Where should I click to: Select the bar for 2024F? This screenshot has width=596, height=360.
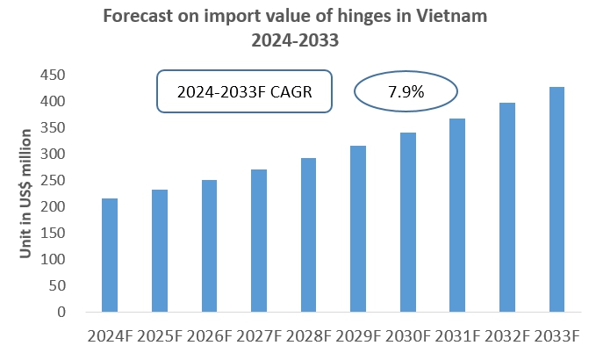click(110, 255)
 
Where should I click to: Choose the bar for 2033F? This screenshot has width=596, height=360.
click(557, 199)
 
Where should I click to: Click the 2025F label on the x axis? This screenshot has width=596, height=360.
click(159, 336)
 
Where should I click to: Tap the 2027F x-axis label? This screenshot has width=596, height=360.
click(259, 336)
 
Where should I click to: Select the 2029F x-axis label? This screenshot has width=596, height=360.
click(358, 336)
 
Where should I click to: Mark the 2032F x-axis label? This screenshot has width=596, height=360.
click(507, 336)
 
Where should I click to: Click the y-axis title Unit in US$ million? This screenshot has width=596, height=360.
click(27, 193)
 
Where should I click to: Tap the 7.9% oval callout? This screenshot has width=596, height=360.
click(406, 91)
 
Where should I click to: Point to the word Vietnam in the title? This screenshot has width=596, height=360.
click(454, 16)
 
